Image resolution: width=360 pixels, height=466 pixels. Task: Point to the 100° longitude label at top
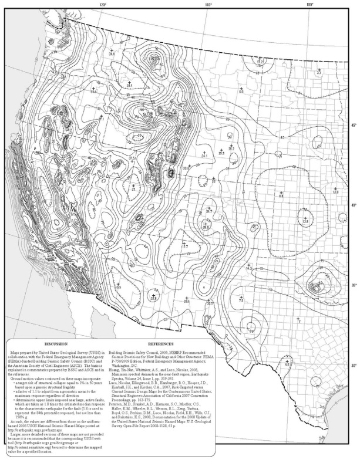(309, 4)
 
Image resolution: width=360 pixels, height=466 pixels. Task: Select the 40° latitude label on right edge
(354, 205)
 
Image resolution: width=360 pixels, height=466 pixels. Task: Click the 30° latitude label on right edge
(354, 366)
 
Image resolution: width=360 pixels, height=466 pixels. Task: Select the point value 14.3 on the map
(249, 268)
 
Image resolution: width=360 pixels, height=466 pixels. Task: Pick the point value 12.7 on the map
(184, 246)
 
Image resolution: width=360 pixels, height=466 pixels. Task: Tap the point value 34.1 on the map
(205, 156)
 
